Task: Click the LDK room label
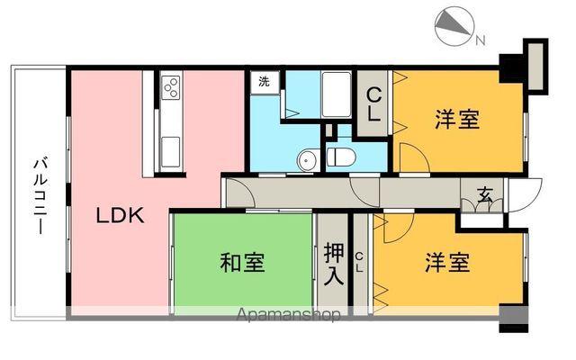tap(121, 215)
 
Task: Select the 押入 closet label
tap(333, 262)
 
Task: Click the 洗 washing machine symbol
tap(265, 82)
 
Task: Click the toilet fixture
tap(341, 157)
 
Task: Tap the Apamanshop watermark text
tap(287, 316)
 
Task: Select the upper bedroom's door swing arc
tap(415, 160)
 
